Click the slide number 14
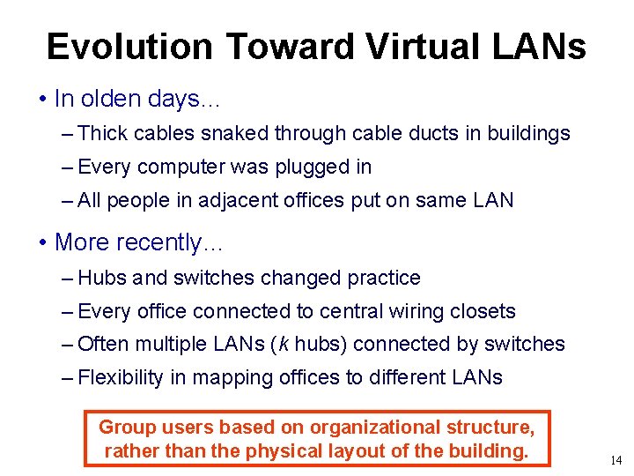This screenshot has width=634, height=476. (615, 459)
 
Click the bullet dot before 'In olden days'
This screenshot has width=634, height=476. (43, 99)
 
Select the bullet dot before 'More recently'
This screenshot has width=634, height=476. (43, 242)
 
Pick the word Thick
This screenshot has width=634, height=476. (103, 134)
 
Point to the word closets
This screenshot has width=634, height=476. (482, 311)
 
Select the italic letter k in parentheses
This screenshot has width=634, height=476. (283, 344)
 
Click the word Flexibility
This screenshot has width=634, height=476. (121, 377)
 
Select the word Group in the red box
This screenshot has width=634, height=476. (126, 428)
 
